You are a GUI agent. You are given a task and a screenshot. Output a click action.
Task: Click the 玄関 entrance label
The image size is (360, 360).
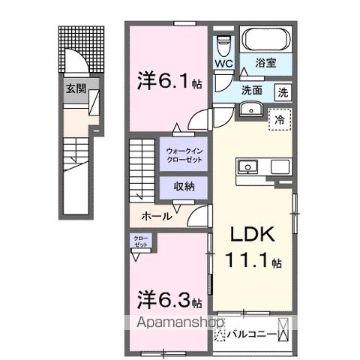coord(76,88)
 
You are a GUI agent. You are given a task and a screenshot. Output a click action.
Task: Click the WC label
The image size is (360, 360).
coord(224,64)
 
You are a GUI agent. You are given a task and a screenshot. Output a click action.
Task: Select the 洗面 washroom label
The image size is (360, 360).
coord(251,91)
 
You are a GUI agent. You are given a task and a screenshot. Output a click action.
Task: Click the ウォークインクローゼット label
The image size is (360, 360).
coord(183,155)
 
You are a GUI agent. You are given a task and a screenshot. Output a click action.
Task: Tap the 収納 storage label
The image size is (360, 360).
coord(184,187)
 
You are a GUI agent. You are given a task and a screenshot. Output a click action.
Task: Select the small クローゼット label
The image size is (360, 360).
coord(142,242)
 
